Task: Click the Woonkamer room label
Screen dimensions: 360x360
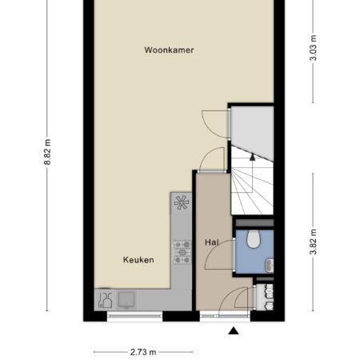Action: (169, 50)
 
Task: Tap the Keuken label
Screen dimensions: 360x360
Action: (138, 260)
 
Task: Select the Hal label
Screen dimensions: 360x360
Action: (212, 242)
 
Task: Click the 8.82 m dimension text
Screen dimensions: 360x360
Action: (47, 152)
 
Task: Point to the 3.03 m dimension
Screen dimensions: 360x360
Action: (314, 48)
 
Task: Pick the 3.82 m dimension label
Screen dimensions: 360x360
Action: (314, 242)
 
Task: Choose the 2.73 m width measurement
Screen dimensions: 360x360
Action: (143, 352)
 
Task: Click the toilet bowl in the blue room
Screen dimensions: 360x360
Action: (253, 239)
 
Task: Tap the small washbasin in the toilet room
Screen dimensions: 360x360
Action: (270, 265)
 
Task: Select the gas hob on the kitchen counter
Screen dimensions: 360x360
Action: (182, 252)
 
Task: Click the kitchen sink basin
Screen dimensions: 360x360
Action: (126, 300)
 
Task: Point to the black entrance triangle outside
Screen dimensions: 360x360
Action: (234, 330)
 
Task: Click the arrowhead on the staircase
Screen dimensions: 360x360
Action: (252, 157)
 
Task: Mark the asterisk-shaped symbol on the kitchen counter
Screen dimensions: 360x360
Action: (182, 202)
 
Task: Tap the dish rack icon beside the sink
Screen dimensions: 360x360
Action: (106, 300)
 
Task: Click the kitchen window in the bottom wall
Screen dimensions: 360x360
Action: (134, 316)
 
